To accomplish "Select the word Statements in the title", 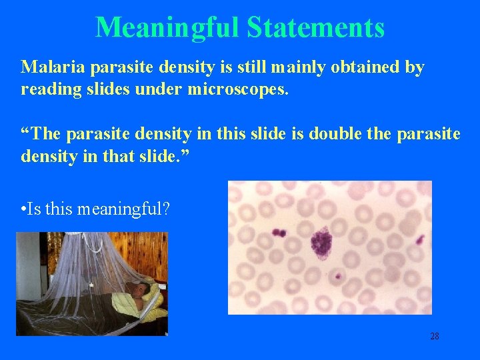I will tap(315, 28).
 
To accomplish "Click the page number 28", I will tap(434, 336).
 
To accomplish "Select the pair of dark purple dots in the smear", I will tap(278, 233).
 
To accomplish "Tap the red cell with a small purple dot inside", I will tap(337, 275).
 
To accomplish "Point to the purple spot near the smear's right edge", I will tap(419, 240).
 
